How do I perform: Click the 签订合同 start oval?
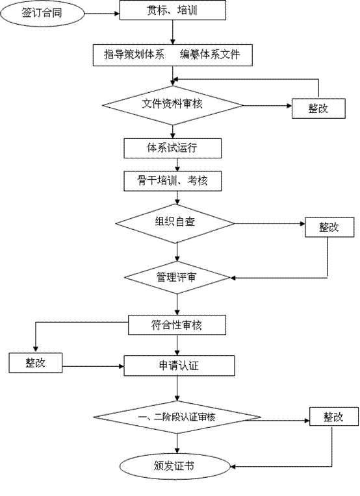pos(42,13)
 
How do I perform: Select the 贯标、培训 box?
pos(173,10)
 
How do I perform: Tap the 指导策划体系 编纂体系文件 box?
pos(173,55)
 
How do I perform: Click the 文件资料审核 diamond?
pos(173,105)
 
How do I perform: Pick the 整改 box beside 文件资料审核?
pos(318,108)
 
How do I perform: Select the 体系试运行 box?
pos(173,148)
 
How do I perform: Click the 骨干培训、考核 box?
pos(173,181)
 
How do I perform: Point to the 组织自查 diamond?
pos(175,223)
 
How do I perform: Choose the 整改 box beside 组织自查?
pos(329,227)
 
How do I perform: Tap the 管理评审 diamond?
pos(177,278)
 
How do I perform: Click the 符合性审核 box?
pos(177,325)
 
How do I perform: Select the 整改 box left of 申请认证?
pos(36,363)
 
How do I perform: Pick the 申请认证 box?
pos(179,366)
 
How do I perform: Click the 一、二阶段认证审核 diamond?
pos(177,417)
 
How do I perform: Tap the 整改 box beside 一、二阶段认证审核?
pos(334,417)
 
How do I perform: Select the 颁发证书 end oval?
pos(175,466)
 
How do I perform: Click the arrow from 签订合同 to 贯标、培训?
pos(102,13)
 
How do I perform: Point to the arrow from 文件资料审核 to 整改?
pos(268,106)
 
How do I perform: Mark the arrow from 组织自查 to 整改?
pos(270,223)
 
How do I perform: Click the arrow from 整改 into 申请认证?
pos(93,366)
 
